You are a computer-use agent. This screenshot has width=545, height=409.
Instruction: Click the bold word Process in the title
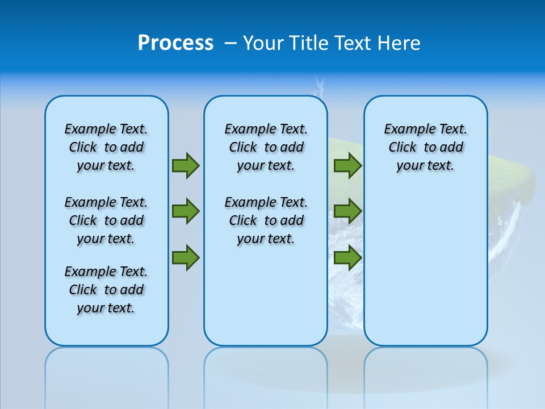175,43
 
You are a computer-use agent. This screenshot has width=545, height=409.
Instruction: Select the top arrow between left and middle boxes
186,165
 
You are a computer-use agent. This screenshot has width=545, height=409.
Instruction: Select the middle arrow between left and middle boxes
186,211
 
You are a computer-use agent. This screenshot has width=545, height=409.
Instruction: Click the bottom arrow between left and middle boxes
186,257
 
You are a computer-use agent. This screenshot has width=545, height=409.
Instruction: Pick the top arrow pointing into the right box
347,165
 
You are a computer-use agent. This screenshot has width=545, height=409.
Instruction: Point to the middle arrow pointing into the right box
347,211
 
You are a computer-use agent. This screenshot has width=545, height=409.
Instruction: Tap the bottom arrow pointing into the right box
347,257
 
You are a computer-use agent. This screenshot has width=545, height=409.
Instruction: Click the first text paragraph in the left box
106,147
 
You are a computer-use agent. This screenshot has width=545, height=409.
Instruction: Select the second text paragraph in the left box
106,220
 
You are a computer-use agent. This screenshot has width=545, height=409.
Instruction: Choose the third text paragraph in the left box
106,290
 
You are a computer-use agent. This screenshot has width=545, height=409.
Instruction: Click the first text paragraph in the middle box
266,147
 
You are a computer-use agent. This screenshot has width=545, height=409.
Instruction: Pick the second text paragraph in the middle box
266,220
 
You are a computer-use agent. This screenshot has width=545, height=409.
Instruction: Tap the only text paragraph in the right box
425,147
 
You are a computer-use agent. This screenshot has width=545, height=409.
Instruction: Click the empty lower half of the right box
425,273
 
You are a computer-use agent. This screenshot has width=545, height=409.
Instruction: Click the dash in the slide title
230,43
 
